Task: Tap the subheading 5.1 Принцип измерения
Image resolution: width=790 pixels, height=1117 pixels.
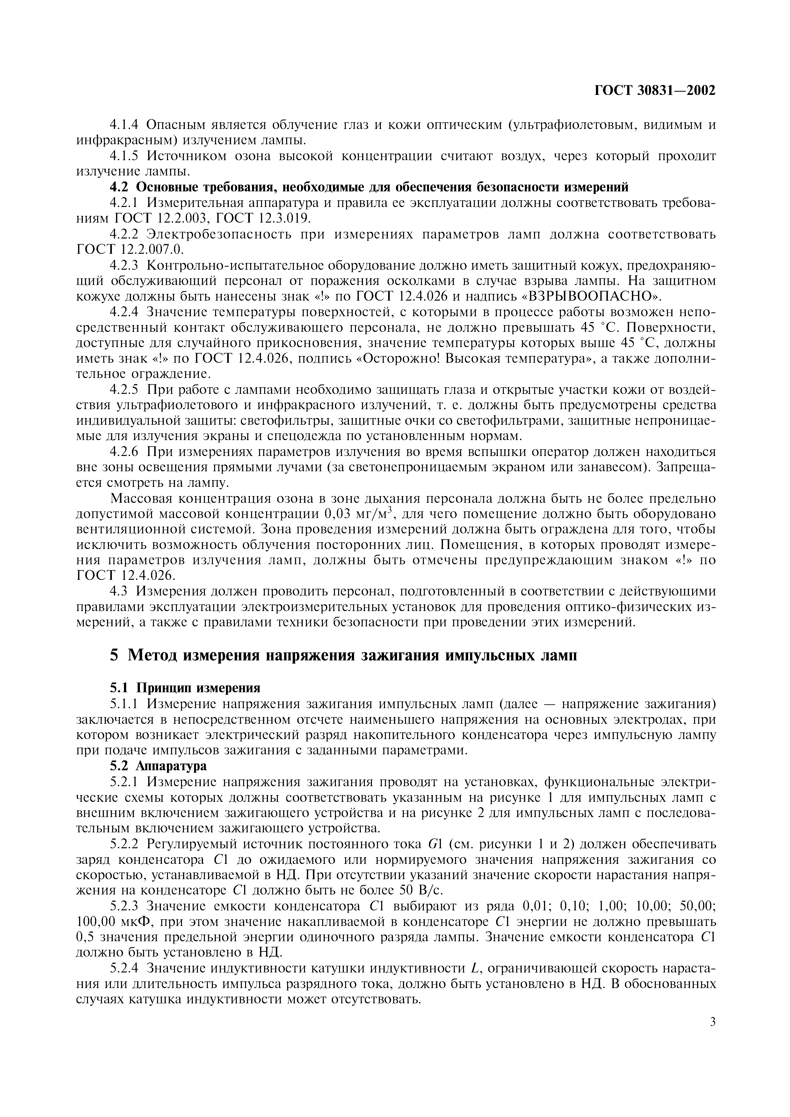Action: pyautogui.click(x=185, y=687)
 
